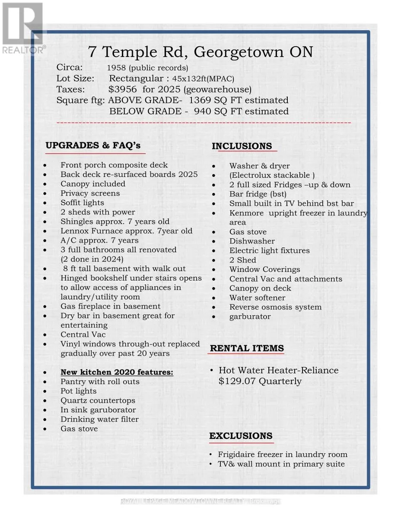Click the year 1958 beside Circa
(116, 68)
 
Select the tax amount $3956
(123, 89)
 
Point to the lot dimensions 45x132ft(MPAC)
(203, 79)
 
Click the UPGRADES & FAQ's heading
(93, 145)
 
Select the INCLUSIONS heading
(242, 146)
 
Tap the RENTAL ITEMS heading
(247, 348)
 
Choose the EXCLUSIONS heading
(241, 436)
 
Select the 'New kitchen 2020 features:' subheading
(117, 372)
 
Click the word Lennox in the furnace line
(75, 231)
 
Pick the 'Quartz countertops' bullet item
(98, 401)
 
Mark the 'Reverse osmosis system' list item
(275, 307)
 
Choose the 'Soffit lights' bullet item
(82, 203)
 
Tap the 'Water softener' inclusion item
(257, 297)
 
